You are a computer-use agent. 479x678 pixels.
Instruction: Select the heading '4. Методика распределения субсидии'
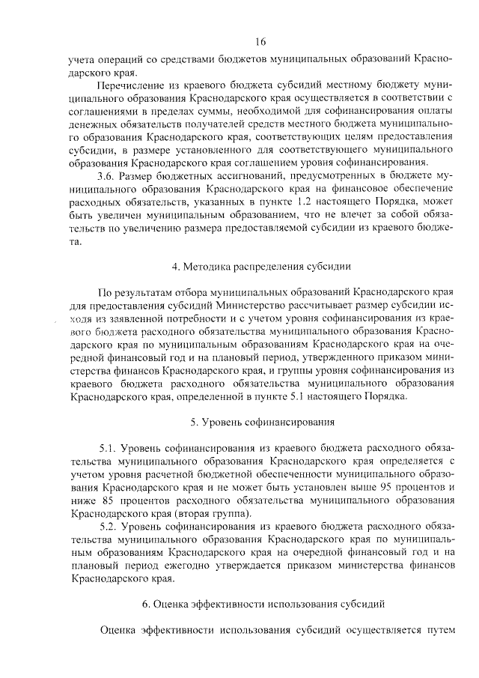260,267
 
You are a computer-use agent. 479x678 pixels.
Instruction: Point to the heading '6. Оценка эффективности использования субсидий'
261,602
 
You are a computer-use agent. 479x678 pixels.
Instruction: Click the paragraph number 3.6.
107,175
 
